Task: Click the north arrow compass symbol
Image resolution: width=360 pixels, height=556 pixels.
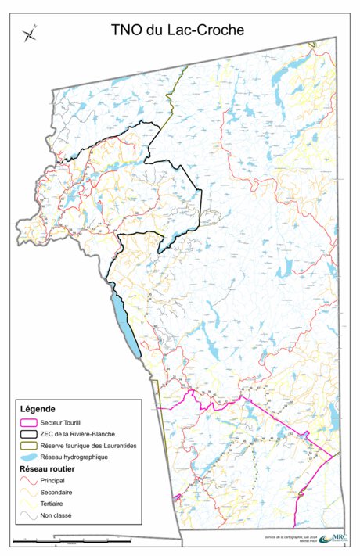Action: pos(31,34)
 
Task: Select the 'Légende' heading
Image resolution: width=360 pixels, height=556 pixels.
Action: pos(37,409)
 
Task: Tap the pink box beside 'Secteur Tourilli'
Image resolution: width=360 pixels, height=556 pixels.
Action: pos(31,423)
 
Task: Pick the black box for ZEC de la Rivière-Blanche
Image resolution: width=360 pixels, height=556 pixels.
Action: pos(31,434)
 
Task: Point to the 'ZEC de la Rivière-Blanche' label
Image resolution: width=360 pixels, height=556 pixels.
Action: pos(84,434)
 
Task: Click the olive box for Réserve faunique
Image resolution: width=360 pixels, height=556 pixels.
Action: pos(31,446)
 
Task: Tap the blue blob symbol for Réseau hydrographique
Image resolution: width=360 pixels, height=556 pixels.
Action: pos(31,457)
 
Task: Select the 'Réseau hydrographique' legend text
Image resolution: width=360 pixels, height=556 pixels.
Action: pos(80,457)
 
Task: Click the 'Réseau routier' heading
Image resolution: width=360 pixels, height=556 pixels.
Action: pos(46,468)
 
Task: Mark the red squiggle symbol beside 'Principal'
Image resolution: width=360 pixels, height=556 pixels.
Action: pos(31,480)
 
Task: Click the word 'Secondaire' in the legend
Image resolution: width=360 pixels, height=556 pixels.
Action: pos(63,493)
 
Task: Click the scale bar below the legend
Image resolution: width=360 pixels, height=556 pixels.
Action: pos(70,540)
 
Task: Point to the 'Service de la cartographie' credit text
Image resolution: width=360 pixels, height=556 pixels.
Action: pos(293,536)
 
